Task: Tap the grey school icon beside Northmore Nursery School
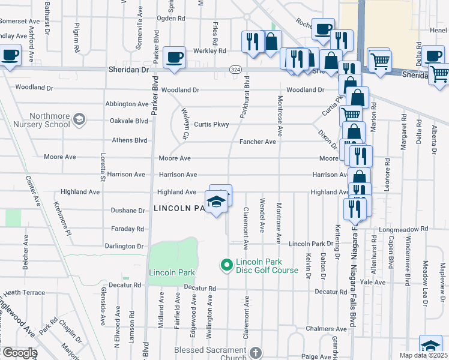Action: [78, 121]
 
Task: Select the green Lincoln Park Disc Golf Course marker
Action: [226, 265]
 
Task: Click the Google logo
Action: [19, 353]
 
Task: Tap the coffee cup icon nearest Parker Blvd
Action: [174, 58]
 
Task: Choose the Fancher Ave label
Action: [258, 142]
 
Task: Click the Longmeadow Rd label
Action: [408, 229]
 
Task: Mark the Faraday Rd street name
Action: [128, 229]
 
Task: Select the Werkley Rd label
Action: [209, 51]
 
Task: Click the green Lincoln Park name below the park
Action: [172, 272]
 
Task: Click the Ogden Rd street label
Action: [171, 18]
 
